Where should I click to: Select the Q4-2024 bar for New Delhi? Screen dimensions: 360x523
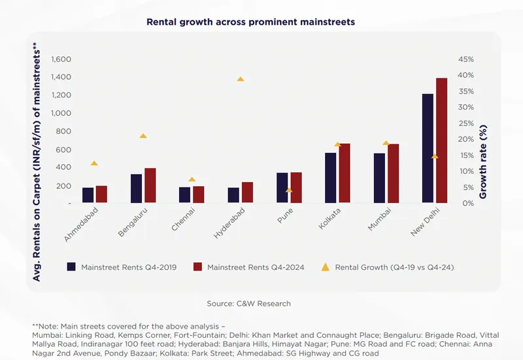[x=441, y=140]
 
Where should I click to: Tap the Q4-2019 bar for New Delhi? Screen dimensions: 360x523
[x=428, y=148]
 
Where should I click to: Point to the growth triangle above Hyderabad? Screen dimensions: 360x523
[x=241, y=79]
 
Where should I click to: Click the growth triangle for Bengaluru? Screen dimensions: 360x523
[x=143, y=136]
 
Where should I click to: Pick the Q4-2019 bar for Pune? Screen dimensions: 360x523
[x=282, y=188]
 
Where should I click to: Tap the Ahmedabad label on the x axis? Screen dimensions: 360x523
[x=82, y=225]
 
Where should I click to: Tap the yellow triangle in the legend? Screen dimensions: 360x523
[x=326, y=267]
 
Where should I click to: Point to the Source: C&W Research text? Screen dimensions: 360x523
[x=248, y=303]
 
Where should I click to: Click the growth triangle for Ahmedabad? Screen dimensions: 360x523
[x=94, y=163]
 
